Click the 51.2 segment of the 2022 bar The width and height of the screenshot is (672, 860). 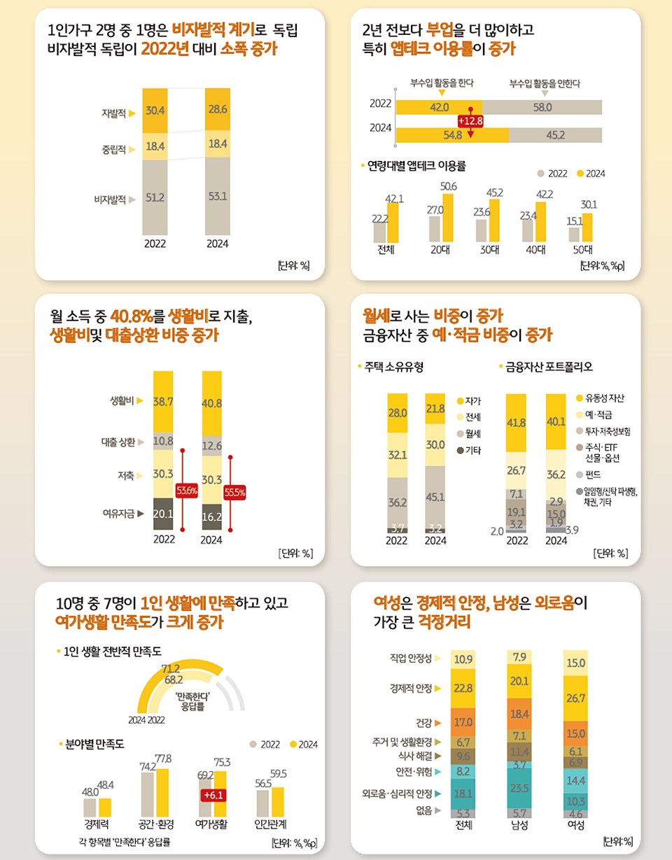[155, 197]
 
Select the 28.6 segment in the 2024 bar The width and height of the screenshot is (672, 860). [217, 110]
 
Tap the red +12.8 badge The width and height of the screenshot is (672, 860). [470, 120]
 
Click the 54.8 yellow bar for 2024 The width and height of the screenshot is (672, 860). [451, 134]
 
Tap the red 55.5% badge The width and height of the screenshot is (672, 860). [234, 492]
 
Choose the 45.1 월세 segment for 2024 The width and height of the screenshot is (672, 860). [435, 498]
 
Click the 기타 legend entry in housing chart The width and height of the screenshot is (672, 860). [472, 450]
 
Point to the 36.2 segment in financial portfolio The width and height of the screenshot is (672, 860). [556, 474]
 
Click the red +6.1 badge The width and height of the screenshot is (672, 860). [211, 795]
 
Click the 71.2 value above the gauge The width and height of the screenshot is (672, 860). [171, 668]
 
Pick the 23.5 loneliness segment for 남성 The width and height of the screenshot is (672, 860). [519, 787]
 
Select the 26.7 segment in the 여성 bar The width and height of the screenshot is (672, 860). [575, 698]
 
